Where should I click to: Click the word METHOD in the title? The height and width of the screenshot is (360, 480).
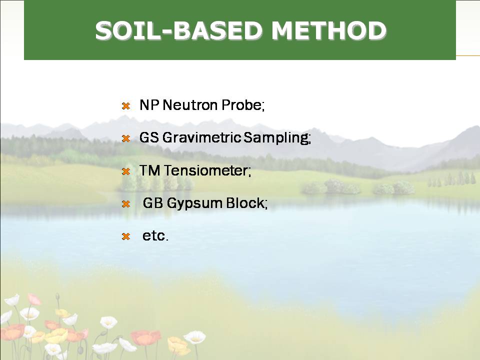point(329,30)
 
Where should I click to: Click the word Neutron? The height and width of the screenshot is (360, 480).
point(190,105)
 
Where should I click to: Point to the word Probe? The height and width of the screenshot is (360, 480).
point(243,105)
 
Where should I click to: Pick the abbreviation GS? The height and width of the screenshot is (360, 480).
point(149,137)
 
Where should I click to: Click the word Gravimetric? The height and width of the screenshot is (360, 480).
point(201,137)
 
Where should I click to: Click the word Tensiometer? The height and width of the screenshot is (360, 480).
point(207,170)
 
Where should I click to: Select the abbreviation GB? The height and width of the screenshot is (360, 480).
point(153,203)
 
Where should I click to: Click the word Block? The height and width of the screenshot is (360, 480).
point(246,203)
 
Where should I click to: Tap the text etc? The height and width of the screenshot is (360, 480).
point(155,236)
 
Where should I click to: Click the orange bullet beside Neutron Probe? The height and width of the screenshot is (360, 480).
point(126,106)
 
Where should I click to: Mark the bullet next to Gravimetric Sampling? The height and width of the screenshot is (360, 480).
point(126,138)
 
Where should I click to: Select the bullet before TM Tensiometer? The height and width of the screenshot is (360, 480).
point(126,171)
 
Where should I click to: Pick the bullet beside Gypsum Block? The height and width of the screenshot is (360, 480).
point(126,204)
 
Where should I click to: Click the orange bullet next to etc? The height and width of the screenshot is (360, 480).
point(126,236)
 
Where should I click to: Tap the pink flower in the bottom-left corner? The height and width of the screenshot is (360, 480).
point(34,299)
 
